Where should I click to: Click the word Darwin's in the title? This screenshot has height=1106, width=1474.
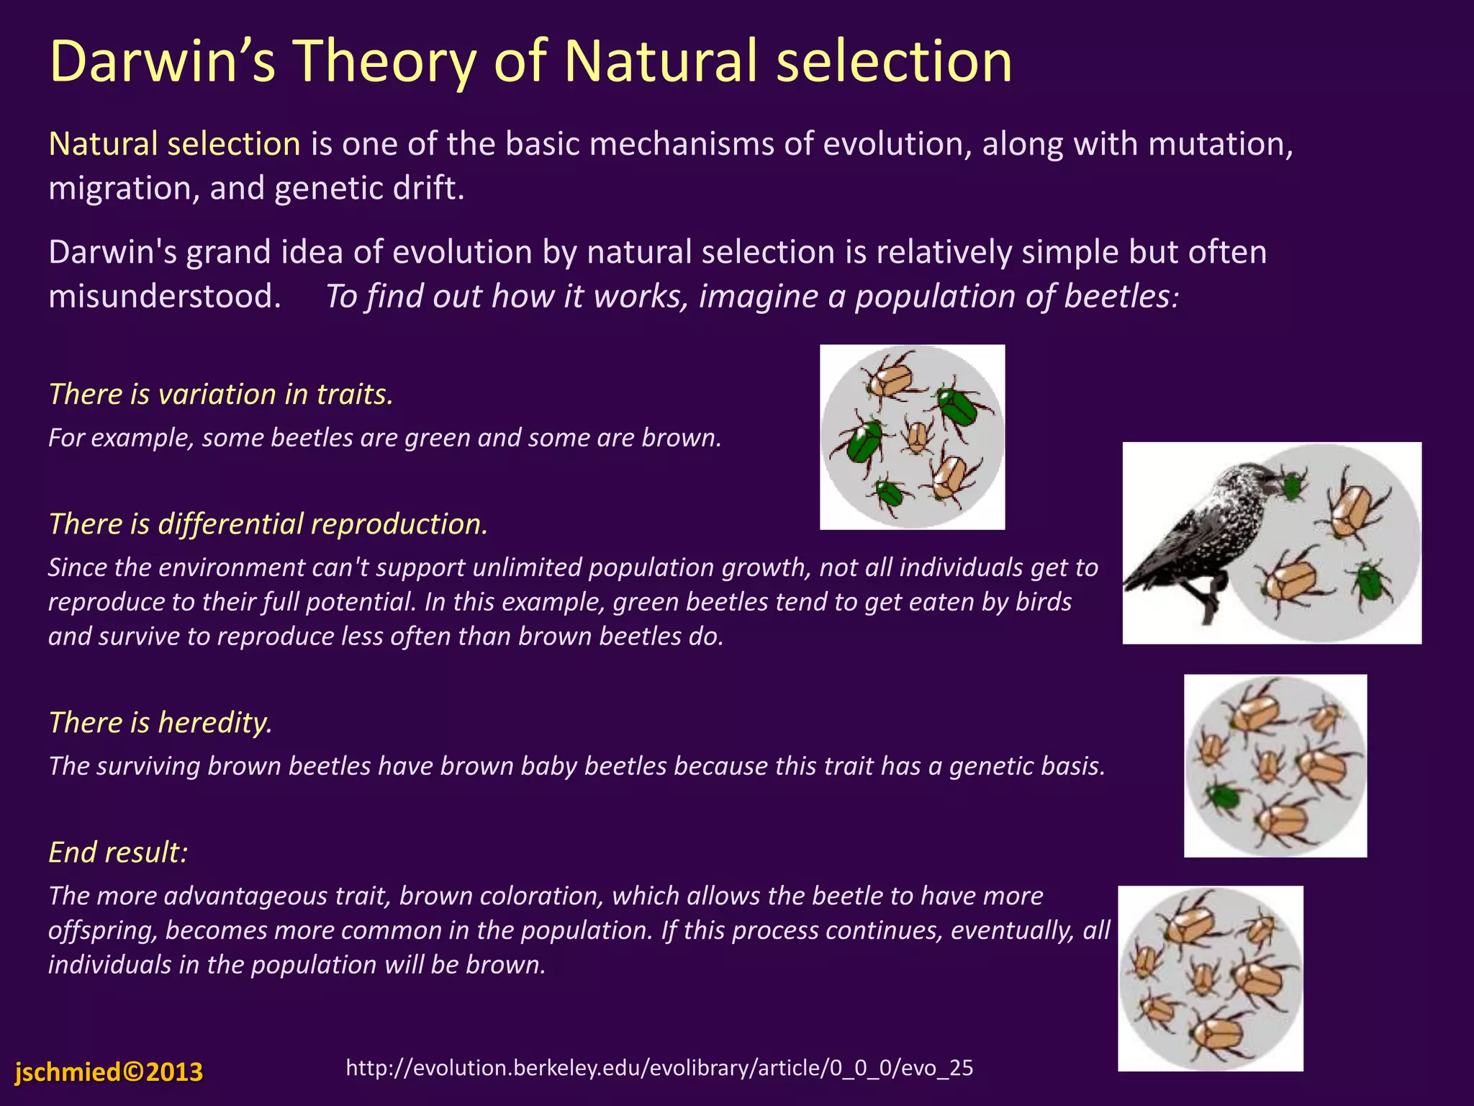click(x=163, y=62)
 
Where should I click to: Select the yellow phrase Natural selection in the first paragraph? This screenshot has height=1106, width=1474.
click(x=174, y=144)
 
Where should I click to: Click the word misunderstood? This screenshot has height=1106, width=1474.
click(x=164, y=296)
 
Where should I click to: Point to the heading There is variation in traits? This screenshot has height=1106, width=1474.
click(x=221, y=394)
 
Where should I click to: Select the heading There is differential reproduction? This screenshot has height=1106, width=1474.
click(x=268, y=523)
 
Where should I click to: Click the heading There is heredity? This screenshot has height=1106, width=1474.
click(x=160, y=722)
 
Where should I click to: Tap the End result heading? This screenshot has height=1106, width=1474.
click(x=118, y=852)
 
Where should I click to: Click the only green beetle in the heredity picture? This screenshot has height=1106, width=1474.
click(x=1223, y=796)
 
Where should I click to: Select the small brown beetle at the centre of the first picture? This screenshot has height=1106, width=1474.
click(x=917, y=436)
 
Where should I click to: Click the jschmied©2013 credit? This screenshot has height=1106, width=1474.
click(x=109, y=1072)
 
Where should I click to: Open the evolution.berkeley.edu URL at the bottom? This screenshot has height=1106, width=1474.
click(x=659, y=1067)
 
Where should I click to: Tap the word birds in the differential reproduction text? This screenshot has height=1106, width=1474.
click(x=1043, y=602)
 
